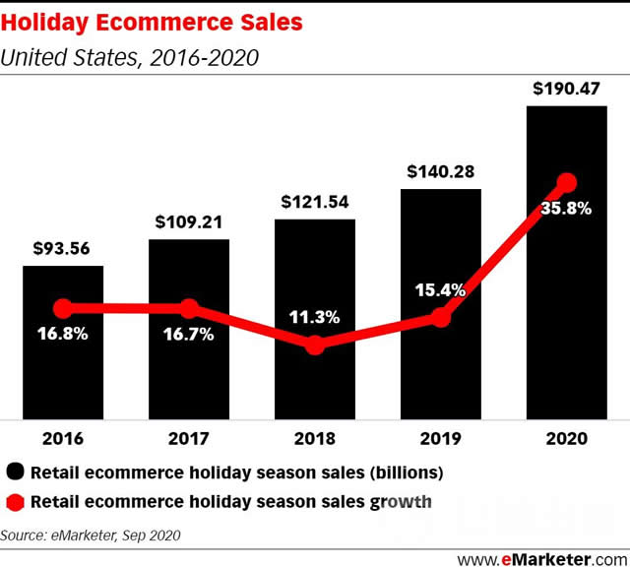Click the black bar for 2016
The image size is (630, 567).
tap(63, 374)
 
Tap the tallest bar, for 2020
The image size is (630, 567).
tap(566, 295)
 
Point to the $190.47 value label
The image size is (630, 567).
tap(566, 90)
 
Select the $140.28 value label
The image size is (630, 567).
tap(440, 172)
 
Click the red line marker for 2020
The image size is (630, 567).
tap(566, 182)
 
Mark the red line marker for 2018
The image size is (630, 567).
tap(314, 345)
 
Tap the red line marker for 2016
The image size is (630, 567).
tap(63, 308)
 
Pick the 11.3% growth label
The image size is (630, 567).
tap(314, 317)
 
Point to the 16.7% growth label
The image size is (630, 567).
tap(189, 334)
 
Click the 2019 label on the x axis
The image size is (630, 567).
tap(440, 438)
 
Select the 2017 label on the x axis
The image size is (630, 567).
tap(189, 438)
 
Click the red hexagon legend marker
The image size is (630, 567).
tap(15, 501)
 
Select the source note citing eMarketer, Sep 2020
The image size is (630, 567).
tap(91, 535)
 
